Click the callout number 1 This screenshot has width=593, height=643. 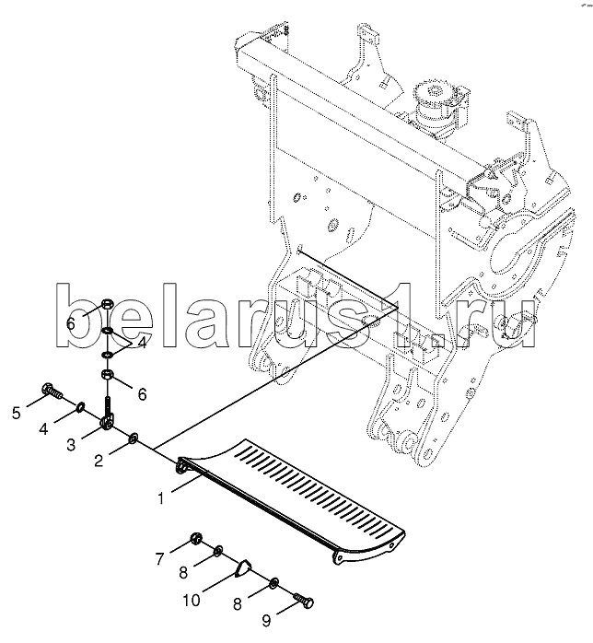pyautogui.click(x=161, y=498)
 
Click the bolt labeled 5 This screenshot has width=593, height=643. pyautogui.click(x=53, y=393)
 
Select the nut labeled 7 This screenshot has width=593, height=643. pyautogui.click(x=195, y=538)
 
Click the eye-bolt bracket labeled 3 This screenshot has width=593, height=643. pyautogui.click(x=109, y=420)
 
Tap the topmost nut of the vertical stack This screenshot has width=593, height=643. pyautogui.click(x=107, y=306)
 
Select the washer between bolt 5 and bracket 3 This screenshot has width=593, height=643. pyautogui.click(x=81, y=406)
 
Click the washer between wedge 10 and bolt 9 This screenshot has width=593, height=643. pyautogui.click(x=274, y=583)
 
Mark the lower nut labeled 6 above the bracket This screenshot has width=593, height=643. pyautogui.click(x=108, y=375)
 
